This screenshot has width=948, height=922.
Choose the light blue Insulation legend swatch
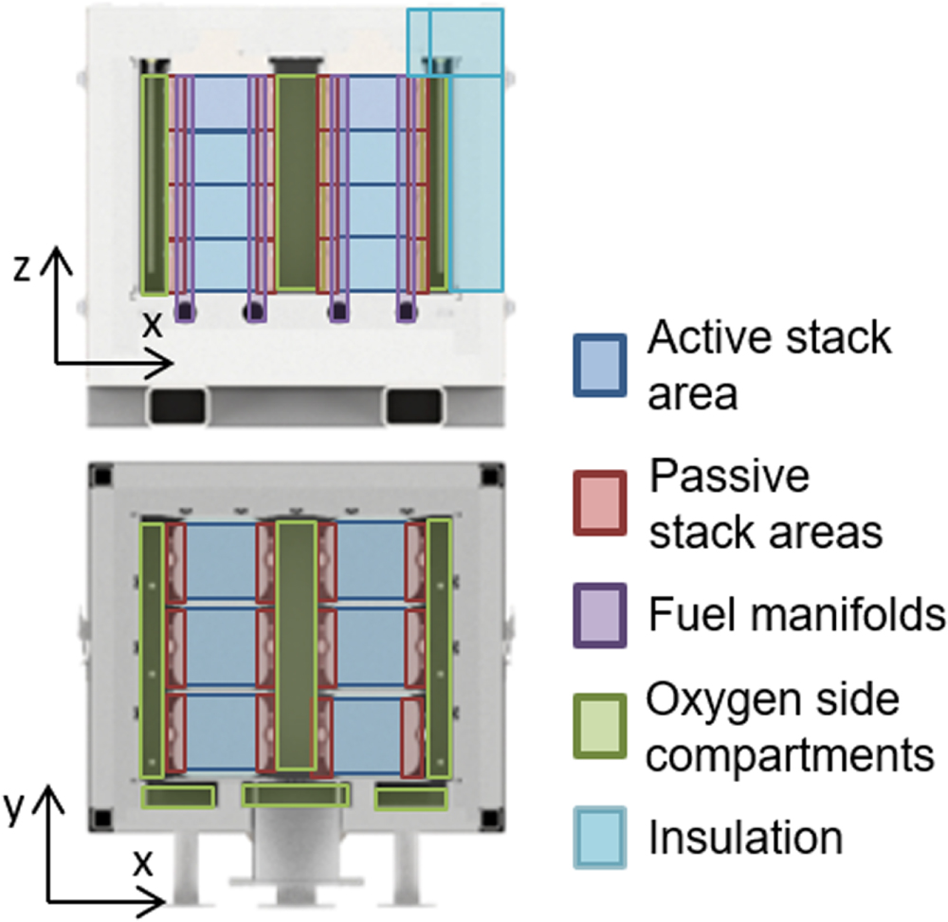pyautogui.click(x=599, y=837)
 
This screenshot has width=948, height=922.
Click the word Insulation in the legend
pyautogui.click(x=745, y=837)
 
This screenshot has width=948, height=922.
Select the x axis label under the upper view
pyautogui.click(x=152, y=325)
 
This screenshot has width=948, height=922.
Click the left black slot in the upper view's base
pyautogui.click(x=177, y=405)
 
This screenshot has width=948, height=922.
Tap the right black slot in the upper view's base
pyautogui.click(x=414, y=405)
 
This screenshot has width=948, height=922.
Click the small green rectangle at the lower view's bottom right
pyautogui.click(x=411, y=799)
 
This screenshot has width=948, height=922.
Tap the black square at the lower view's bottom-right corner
pyautogui.click(x=489, y=817)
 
